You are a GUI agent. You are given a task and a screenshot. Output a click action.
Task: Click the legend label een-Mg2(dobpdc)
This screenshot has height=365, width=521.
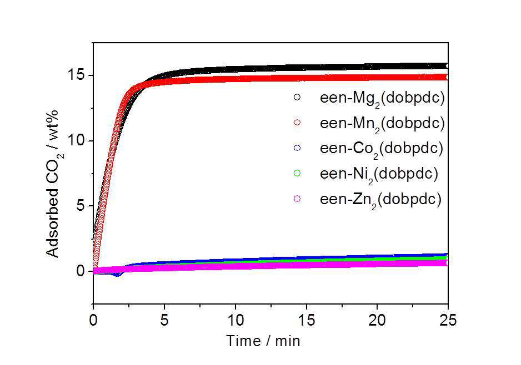382,98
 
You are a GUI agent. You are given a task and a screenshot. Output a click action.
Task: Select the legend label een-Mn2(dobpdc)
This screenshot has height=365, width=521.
382,124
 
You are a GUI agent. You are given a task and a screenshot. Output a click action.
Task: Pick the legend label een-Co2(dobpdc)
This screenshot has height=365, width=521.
382,148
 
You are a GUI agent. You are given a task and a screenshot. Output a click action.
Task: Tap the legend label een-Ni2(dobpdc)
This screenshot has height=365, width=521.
379,174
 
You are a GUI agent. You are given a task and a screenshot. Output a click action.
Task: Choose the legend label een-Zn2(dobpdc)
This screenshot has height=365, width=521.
380,199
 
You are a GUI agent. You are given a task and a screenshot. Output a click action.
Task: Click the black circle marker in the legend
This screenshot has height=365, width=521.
297,97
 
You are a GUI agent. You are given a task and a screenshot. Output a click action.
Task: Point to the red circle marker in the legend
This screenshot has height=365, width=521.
297,123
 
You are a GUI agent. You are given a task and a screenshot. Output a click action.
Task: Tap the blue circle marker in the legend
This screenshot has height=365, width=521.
297,148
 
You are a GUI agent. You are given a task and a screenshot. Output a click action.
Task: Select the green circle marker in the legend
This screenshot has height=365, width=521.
297,173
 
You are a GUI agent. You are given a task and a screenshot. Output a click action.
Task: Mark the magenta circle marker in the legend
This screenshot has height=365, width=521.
297,199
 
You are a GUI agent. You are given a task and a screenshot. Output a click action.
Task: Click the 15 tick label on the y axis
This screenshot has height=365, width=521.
77,75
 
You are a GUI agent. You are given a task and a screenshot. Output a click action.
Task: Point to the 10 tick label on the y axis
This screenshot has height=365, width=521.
77,141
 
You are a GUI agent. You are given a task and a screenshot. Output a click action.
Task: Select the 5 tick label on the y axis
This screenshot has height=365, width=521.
81,206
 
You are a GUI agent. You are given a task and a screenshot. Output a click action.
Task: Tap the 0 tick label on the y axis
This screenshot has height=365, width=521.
81,271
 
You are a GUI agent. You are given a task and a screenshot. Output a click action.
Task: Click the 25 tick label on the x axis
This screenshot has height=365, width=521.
448,321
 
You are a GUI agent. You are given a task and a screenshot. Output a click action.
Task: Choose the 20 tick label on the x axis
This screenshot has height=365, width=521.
377,321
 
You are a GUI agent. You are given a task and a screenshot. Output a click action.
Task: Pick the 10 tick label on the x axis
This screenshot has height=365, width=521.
236,321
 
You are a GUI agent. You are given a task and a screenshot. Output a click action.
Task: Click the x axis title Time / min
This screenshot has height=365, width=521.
263,341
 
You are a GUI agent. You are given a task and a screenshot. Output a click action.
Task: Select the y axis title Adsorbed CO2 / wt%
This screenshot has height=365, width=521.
53,184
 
